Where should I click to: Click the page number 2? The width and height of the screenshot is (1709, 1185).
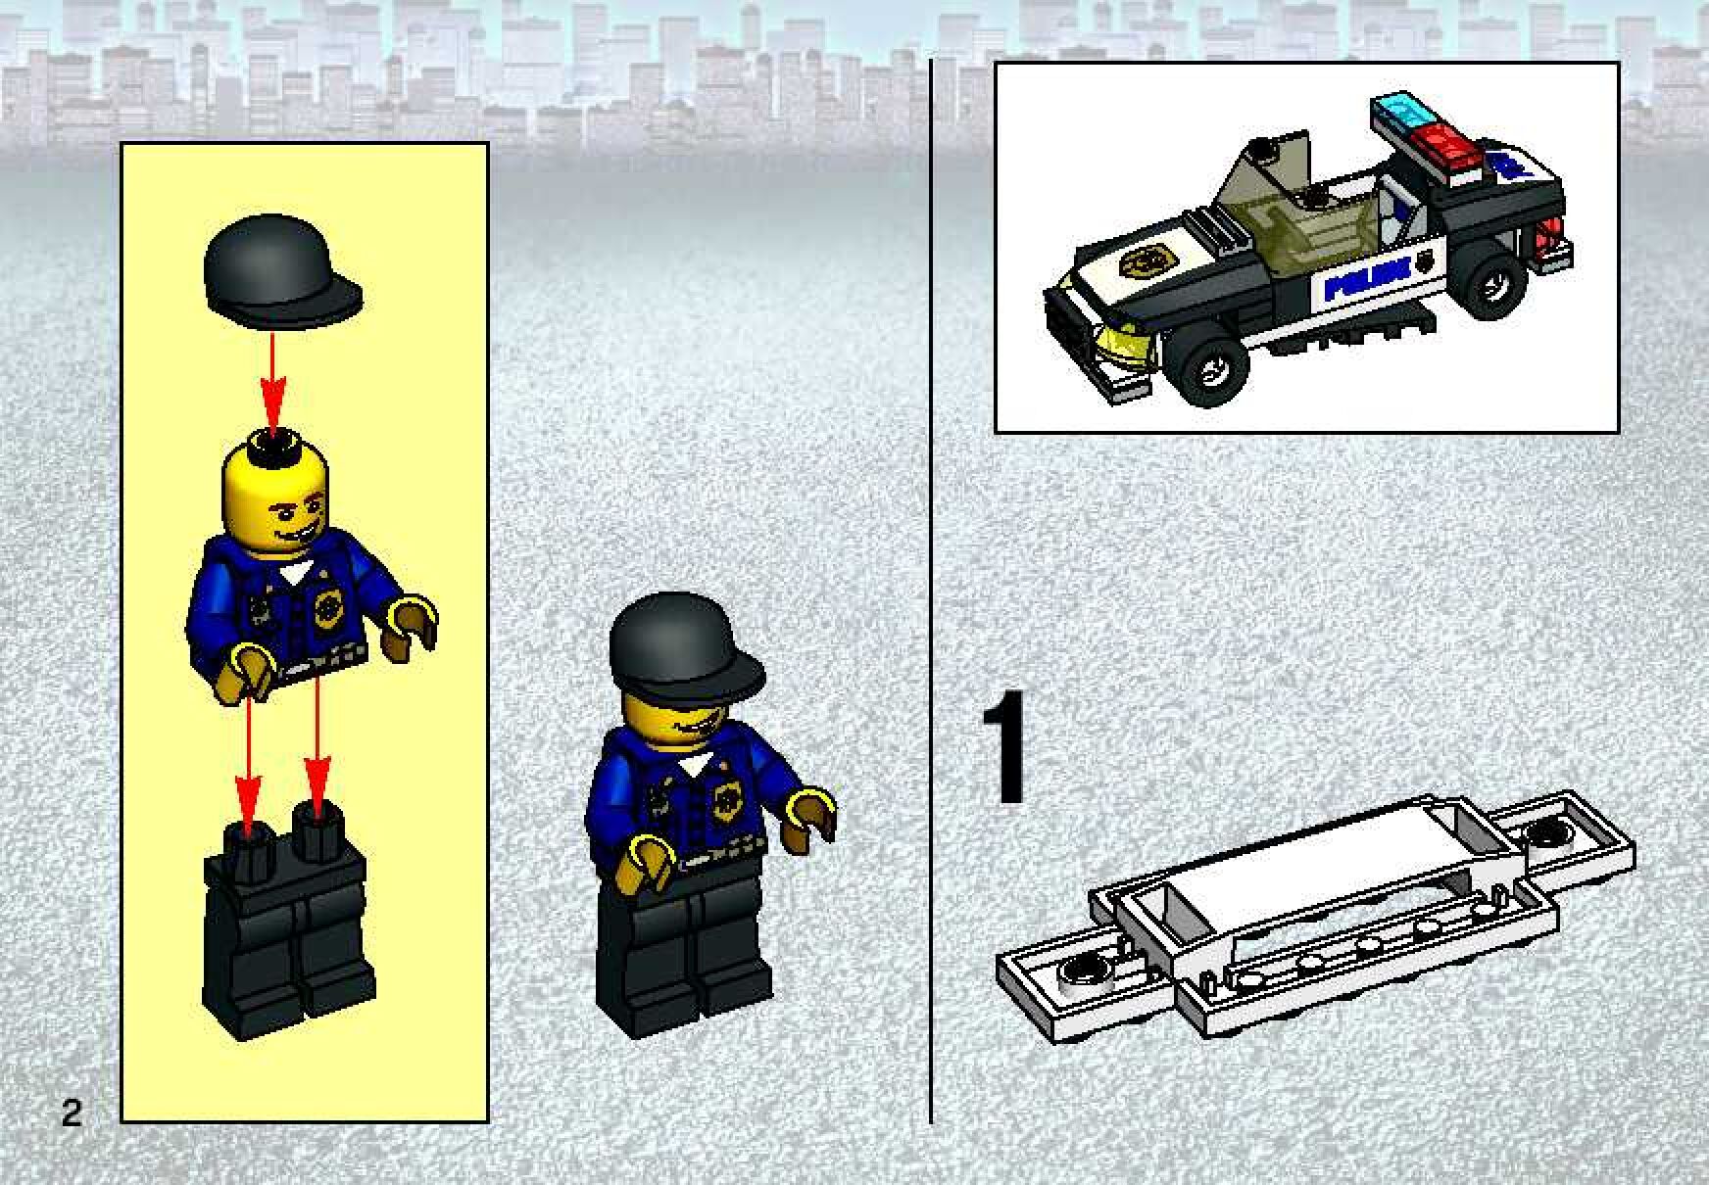[71, 1114]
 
